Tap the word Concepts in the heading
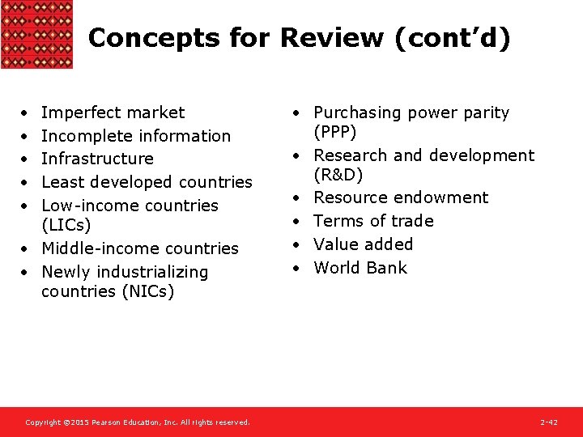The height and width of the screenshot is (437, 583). [134, 38]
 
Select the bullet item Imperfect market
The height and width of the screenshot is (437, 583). [113, 112]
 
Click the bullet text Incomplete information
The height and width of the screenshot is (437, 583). [136, 136]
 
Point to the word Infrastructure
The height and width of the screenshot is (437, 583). [97, 159]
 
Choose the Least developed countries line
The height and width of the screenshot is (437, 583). [147, 182]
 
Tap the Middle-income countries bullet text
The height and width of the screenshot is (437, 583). [140, 248]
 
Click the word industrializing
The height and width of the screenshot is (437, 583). [155, 272]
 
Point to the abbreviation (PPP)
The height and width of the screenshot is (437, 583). [335, 132]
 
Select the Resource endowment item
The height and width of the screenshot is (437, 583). [401, 197]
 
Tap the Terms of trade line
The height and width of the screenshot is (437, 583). [373, 221]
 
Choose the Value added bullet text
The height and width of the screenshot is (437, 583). [363, 244]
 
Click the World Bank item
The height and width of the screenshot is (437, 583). [360, 268]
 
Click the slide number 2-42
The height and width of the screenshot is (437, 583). [548, 422]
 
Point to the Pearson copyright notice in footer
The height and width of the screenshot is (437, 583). [138, 422]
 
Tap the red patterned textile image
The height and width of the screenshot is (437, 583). [36, 34]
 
